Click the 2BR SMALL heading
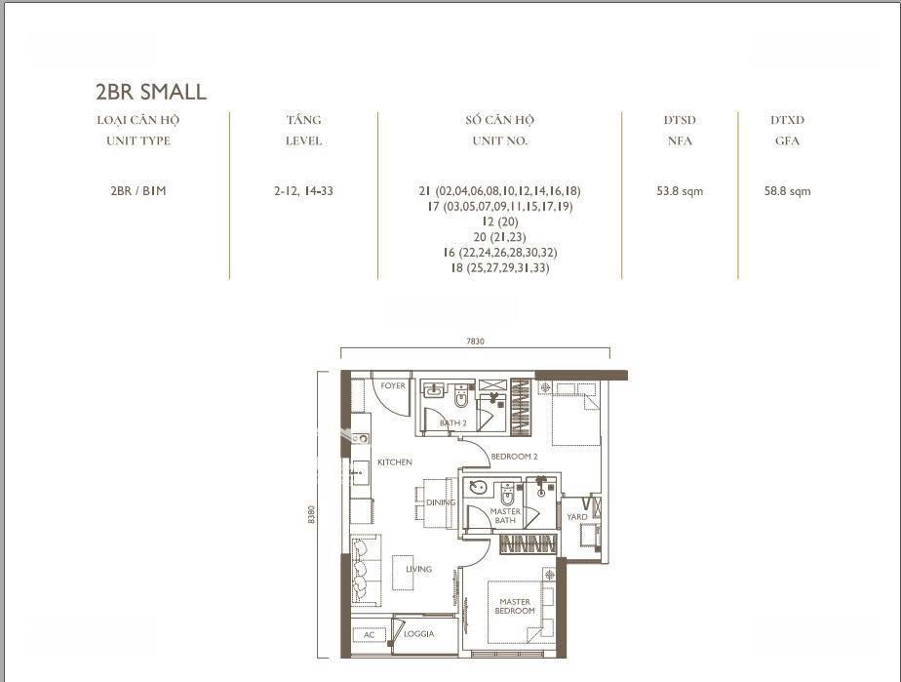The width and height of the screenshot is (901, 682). pos(150,92)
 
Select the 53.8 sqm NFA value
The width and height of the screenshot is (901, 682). pos(680,191)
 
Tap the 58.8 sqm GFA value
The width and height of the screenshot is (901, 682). pos(787,191)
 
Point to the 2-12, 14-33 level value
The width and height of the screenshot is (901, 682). pos(303,191)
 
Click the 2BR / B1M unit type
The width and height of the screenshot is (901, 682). pos(137,191)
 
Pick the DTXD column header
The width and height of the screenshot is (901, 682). pos(787,120)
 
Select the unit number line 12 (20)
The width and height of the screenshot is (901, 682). pos(500,221)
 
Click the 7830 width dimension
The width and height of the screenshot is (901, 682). pos(475,341)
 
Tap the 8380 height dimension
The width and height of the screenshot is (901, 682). pos(311,514)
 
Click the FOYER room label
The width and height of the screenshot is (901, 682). pos(393,385)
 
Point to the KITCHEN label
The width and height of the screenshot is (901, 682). pos(395,461)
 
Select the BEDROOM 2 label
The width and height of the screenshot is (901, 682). pos(514,456)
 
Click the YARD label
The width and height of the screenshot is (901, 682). pos(577,516)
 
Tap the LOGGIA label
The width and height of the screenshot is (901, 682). pos(419,633)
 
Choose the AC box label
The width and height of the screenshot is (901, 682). pos(369,635)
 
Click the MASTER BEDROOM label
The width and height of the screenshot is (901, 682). pos(515,606)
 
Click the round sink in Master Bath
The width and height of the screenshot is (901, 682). pos(478,488)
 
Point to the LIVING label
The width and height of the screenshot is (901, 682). pos(419,569)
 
